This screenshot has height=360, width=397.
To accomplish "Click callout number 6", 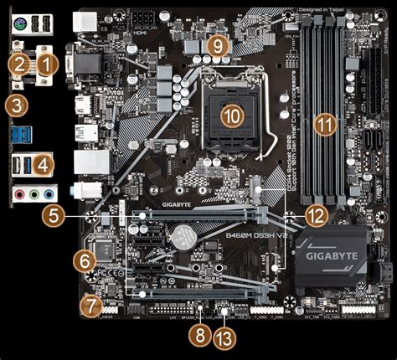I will (84, 260).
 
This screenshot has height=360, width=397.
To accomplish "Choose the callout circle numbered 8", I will (198, 336).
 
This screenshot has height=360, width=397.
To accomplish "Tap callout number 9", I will (218, 46).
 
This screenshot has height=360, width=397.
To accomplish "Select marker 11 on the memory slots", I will (324, 124).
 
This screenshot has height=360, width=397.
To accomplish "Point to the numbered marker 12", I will (315, 215).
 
